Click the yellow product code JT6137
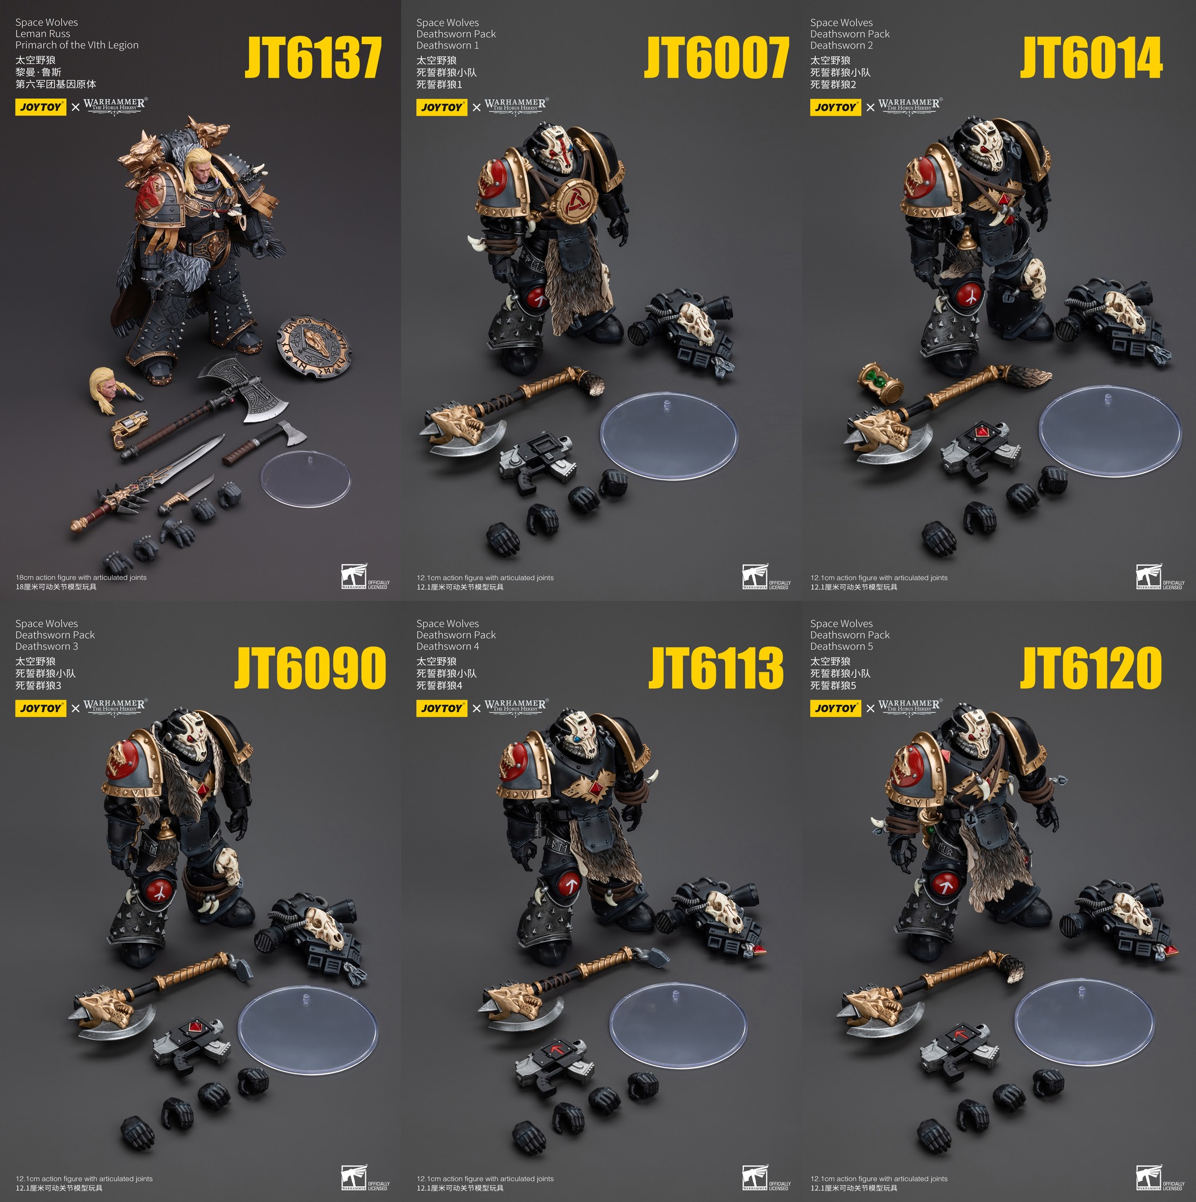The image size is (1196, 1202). click(313, 58)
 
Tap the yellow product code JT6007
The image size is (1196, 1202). click(716, 58)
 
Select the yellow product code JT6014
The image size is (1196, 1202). click(1091, 58)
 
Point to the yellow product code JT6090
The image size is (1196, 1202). click(311, 667)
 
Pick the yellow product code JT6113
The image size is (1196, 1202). click(716, 667)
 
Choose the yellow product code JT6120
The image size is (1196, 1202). click(1091, 667)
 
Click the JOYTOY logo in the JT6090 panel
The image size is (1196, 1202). click(41, 708)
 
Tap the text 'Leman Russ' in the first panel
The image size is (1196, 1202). click(42, 33)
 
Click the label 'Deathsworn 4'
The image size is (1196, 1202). click(447, 646)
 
